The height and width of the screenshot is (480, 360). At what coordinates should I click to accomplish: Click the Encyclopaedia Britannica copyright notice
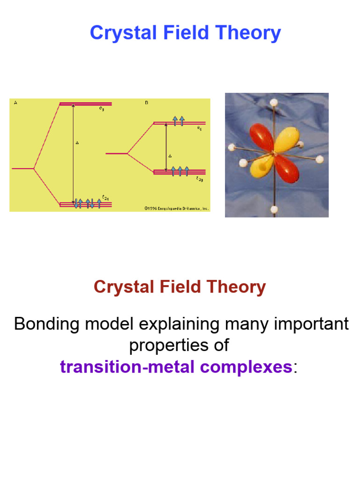point(176,208)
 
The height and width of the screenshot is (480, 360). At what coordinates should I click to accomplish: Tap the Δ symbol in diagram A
point(77,142)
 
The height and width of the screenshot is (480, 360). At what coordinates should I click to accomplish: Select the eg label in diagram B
point(199,127)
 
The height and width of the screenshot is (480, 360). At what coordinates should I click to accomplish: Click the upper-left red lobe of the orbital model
point(261,137)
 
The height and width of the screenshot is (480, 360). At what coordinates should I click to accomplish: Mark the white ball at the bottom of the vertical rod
point(274,209)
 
